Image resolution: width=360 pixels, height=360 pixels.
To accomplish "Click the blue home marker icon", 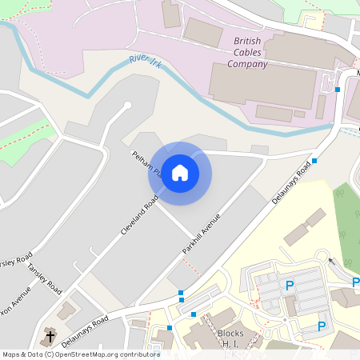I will coord(180,173).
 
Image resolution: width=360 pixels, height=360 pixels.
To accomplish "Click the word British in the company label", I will coord(247,41).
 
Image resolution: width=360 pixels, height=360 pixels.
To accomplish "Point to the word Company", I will coord(247,64).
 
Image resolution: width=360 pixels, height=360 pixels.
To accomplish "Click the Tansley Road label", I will coord(44,278).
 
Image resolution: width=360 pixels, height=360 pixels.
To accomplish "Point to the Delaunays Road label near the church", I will coord(84,330).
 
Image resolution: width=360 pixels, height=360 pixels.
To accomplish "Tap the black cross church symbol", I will coord(50,336).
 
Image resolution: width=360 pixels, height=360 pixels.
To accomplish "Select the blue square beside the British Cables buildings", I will coord(338,90).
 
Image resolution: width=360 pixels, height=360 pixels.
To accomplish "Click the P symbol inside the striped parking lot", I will coord(290,286).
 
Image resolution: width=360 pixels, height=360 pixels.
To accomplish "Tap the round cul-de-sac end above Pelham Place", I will coord(126,105).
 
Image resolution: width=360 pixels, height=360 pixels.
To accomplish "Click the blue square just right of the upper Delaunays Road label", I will coord(315,161).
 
